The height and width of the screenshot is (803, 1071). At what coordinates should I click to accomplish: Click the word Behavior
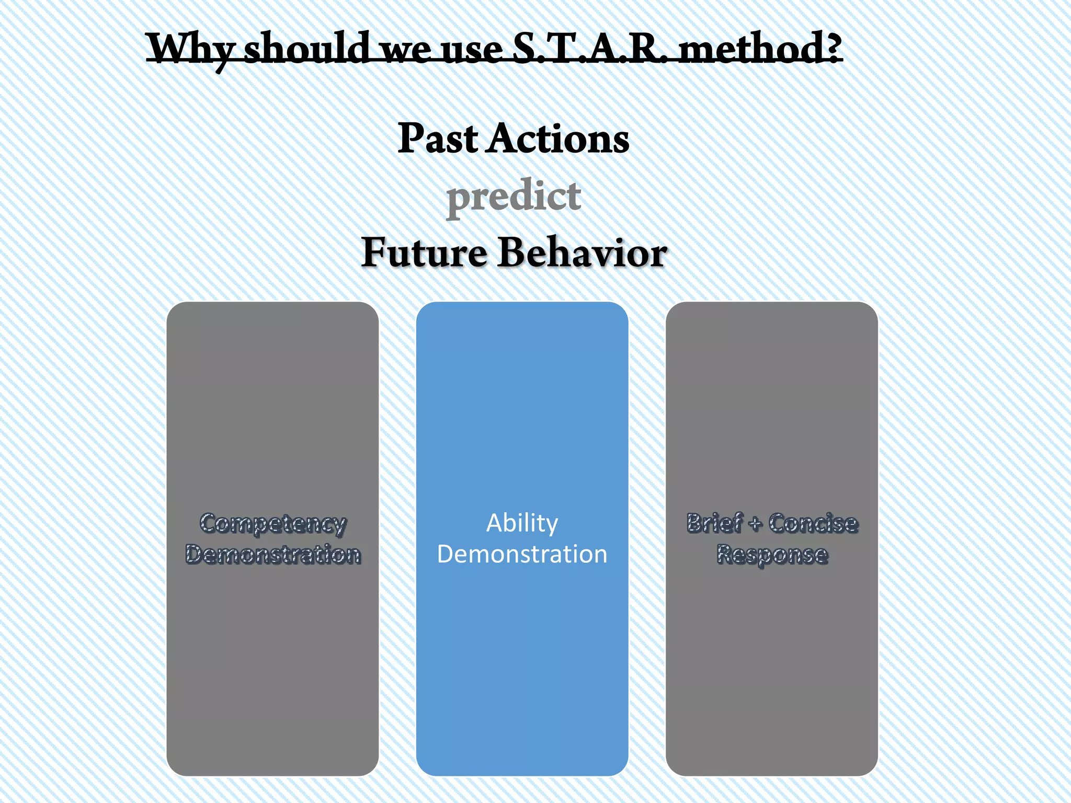(x=582, y=253)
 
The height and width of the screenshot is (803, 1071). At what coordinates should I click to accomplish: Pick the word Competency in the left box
(x=273, y=524)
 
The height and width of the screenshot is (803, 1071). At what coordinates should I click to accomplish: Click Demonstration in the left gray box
(x=273, y=554)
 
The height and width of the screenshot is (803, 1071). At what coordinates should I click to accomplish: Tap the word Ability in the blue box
(x=522, y=523)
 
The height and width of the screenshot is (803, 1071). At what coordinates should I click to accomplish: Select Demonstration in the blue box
(x=522, y=554)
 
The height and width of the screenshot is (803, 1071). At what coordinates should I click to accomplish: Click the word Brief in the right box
(x=714, y=523)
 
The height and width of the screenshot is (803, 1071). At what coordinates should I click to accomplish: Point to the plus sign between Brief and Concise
(x=755, y=524)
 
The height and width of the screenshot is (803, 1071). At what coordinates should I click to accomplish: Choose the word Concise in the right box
(x=813, y=523)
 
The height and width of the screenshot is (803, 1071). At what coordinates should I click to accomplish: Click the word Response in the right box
(x=772, y=555)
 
